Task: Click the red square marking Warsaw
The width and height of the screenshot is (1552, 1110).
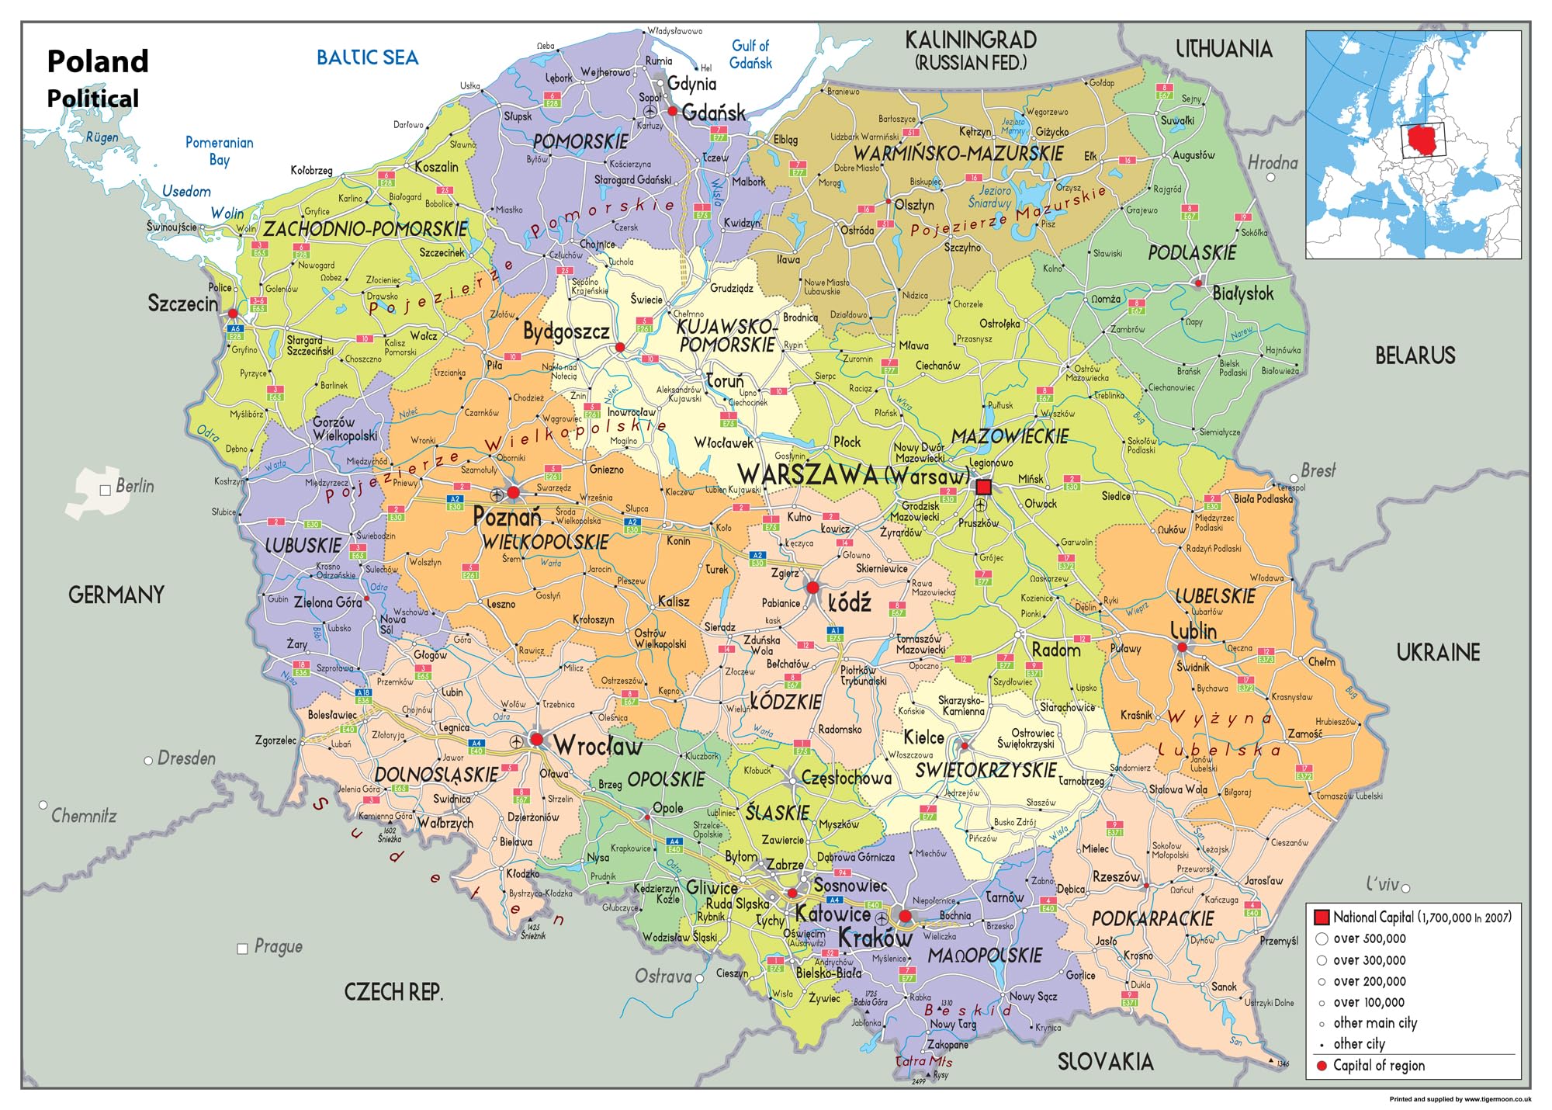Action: [983, 487]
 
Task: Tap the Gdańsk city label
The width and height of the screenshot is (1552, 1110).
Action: [714, 113]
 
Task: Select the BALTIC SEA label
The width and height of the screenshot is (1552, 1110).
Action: [367, 57]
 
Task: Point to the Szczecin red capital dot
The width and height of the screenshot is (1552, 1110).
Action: [233, 314]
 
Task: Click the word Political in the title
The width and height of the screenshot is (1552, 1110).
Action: [93, 99]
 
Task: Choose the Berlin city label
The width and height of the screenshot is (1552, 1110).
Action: [134, 487]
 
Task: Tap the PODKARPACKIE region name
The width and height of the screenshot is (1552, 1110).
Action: [1152, 919]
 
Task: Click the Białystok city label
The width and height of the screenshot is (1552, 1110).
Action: [1242, 293]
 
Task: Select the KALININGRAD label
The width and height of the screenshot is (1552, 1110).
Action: [971, 40]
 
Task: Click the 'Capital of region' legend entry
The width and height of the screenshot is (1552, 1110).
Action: [1378, 1066]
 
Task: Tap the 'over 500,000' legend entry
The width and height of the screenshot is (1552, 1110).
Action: [1369, 938]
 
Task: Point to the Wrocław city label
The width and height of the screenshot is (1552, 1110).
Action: [598, 747]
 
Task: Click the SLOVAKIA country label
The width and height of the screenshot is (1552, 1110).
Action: [1105, 1062]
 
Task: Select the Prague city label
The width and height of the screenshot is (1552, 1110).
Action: [278, 947]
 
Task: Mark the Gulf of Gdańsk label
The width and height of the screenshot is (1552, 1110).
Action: [750, 54]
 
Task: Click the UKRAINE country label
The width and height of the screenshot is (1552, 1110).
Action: [1438, 653]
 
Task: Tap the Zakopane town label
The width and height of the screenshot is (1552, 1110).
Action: [947, 1045]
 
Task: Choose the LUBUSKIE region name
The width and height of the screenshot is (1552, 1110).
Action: [303, 546]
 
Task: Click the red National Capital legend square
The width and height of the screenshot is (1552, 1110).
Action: [1322, 917]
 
